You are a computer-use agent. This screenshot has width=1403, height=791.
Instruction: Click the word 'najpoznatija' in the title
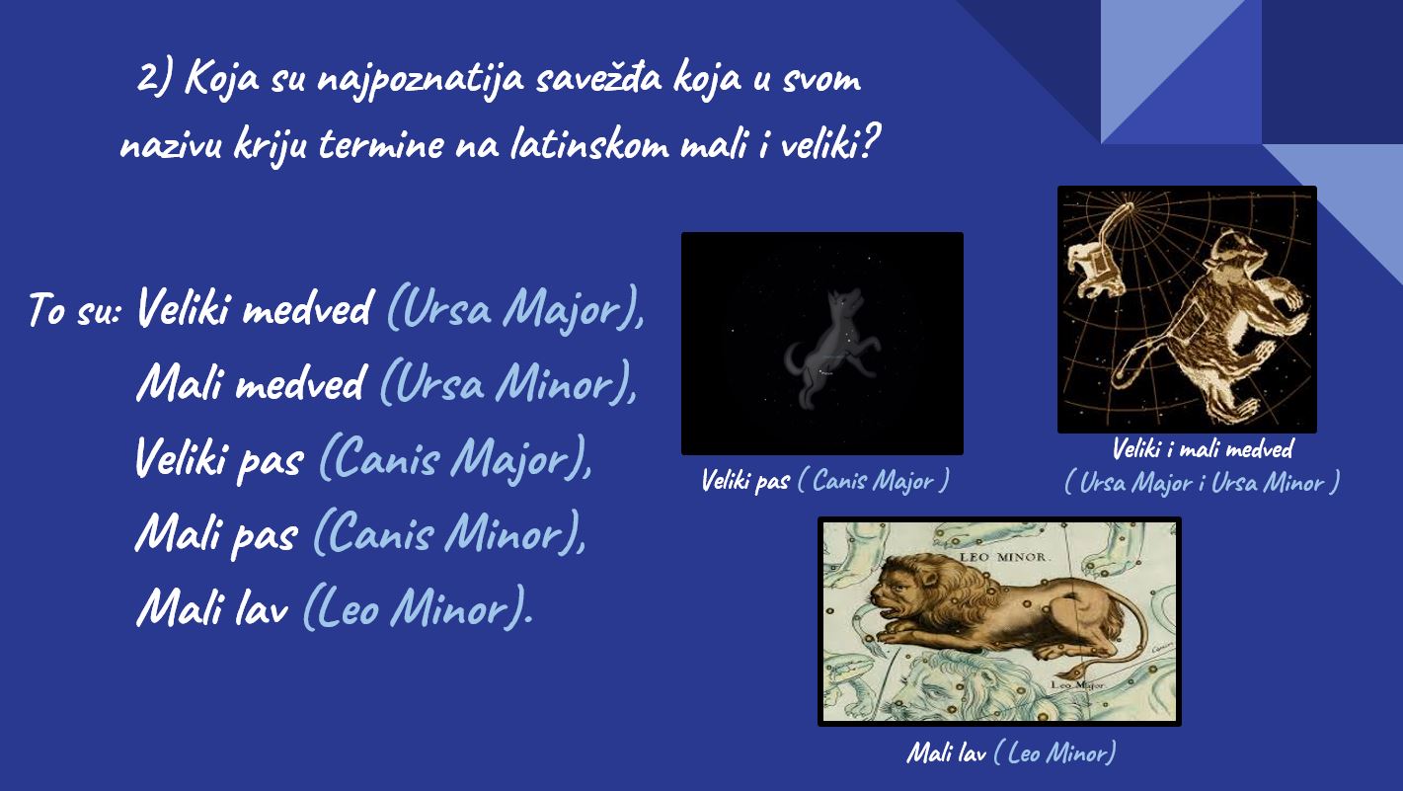click(x=421, y=80)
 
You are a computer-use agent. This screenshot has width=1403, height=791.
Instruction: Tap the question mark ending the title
click(x=871, y=140)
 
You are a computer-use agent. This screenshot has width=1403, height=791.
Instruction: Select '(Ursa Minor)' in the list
click(x=507, y=382)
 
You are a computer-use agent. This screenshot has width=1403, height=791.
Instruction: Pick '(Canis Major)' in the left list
click(x=455, y=457)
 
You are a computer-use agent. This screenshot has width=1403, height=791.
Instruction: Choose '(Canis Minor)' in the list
click(x=449, y=532)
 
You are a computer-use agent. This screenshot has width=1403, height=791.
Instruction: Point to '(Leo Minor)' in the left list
click(x=418, y=607)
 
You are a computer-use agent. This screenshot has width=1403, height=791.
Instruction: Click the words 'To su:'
click(x=74, y=309)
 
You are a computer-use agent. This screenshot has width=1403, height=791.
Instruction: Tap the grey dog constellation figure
click(x=830, y=348)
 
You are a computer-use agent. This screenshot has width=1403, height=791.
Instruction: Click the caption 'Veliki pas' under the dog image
click(x=745, y=481)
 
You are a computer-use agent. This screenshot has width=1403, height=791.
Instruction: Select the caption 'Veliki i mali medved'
click(x=1203, y=449)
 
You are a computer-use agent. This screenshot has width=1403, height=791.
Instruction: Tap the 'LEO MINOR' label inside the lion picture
click(x=1003, y=557)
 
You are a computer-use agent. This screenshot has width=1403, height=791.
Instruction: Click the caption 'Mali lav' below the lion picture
click(x=947, y=752)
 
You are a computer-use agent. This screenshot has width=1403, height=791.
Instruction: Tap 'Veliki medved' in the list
click(x=255, y=308)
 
